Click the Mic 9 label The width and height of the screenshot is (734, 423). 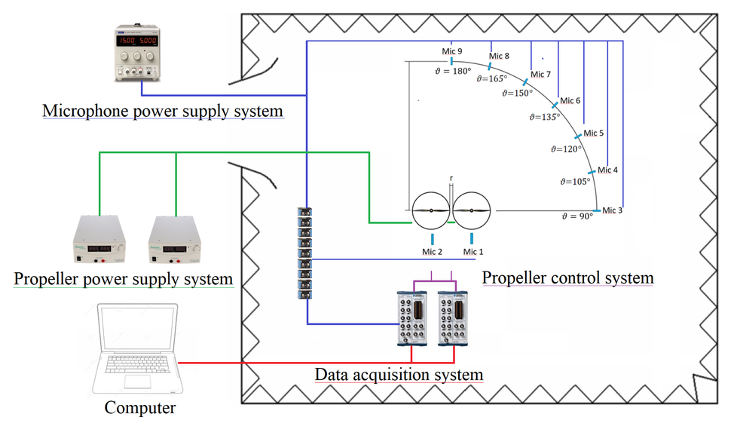click(x=451, y=51)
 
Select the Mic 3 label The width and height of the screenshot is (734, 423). click(x=612, y=209)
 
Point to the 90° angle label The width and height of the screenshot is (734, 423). click(x=578, y=216)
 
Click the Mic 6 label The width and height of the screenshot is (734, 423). click(x=570, y=100)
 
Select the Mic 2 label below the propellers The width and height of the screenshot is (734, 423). click(x=432, y=251)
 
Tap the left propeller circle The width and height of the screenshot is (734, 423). click(x=431, y=210)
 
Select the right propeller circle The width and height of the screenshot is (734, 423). click(x=472, y=210)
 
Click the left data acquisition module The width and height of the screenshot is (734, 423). click(x=412, y=317)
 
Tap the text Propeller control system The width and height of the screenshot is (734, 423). click(x=567, y=277)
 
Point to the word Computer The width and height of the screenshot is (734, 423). click(x=139, y=408)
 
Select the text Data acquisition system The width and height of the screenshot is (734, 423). click(x=399, y=374)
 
